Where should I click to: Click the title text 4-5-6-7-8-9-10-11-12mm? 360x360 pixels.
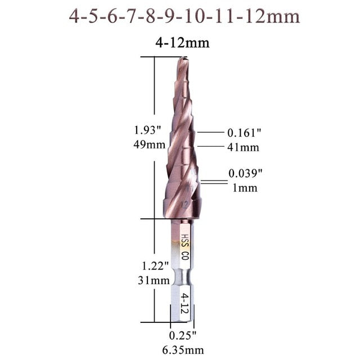pyautogui.click(x=184, y=16)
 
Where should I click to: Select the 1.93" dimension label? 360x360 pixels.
pyautogui.click(x=148, y=130)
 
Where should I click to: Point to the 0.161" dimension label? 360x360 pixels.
pyautogui.click(x=245, y=133)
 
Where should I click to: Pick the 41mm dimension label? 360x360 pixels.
pyautogui.click(x=244, y=147)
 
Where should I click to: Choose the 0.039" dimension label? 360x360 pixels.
pyautogui.click(x=245, y=174)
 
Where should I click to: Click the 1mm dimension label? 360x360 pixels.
pyautogui.click(x=245, y=188)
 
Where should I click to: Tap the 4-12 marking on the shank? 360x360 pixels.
pyautogui.click(x=184, y=302)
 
